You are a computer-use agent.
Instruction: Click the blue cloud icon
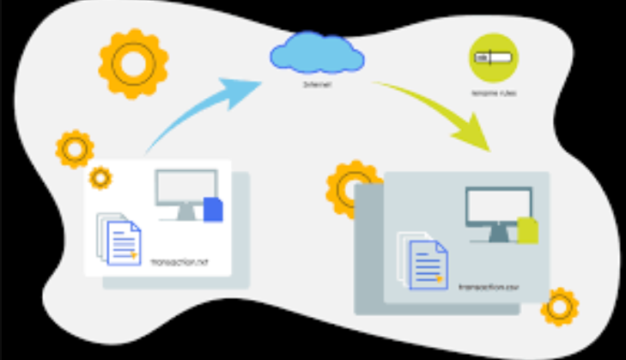point(314,53)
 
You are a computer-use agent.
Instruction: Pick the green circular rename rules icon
point(494,58)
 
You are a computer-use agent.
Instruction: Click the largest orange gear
point(133,63)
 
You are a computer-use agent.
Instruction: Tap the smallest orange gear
point(100,178)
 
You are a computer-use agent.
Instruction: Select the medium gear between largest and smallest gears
point(75,149)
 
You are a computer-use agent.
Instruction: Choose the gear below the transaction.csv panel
point(560,307)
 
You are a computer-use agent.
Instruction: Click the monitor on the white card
point(184,194)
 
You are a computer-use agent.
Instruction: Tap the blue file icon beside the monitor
point(213,210)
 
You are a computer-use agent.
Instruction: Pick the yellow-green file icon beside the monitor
point(528,229)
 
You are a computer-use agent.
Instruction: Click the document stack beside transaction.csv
point(424,261)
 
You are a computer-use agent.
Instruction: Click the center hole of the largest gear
point(133,63)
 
